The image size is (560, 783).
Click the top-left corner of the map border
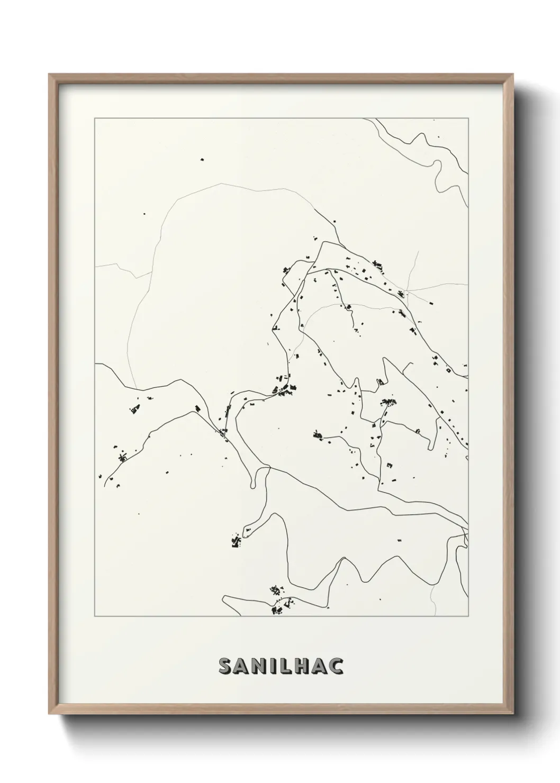[95, 119]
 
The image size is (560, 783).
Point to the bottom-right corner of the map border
[468, 616]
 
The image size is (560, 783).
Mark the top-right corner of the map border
[468, 119]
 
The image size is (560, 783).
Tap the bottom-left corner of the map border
[95, 616]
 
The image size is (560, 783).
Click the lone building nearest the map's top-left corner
[202, 159]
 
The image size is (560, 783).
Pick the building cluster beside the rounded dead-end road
[236, 541]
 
